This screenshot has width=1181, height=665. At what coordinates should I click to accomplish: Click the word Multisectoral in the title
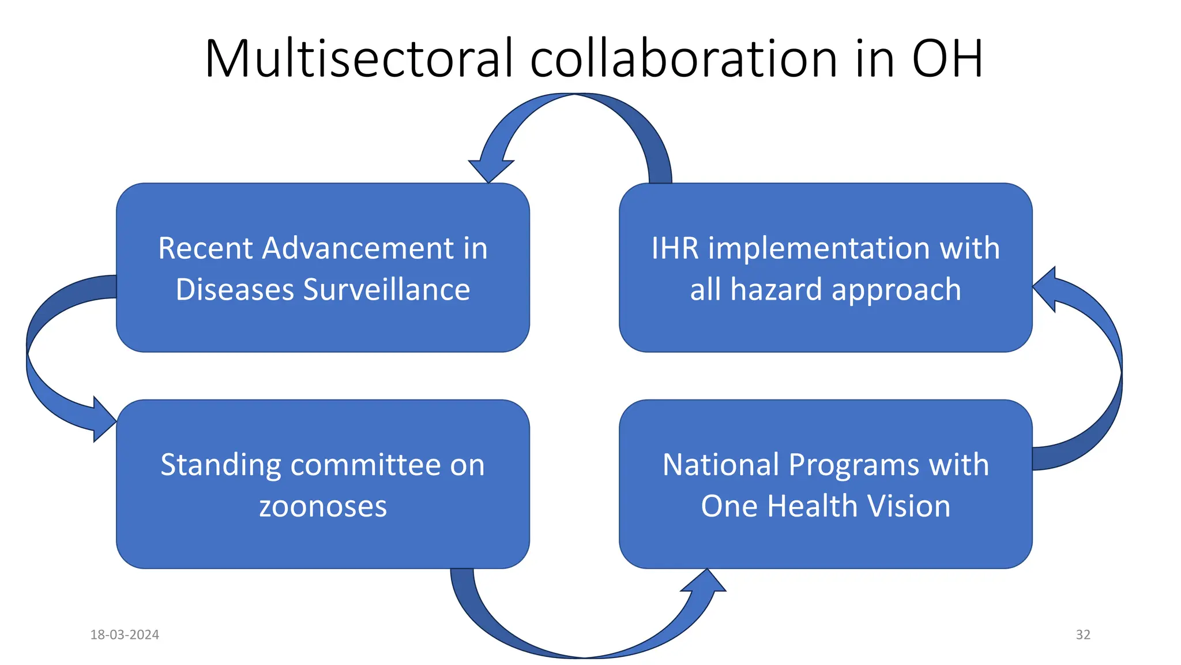[x=358, y=58]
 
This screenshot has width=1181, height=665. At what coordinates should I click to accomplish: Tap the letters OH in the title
[x=947, y=58]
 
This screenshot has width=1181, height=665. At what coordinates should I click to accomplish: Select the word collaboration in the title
[x=683, y=58]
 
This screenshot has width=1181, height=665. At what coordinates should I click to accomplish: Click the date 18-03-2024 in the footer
[x=125, y=634]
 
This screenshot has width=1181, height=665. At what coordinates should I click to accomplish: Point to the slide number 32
[x=1083, y=634]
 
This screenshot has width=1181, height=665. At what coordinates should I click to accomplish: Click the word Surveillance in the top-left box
[x=386, y=289]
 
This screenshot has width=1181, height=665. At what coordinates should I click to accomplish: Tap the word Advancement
[x=358, y=248]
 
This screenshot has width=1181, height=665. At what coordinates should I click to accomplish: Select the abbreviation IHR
[x=675, y=248]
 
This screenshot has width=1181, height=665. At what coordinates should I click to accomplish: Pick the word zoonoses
[x=323, y=506]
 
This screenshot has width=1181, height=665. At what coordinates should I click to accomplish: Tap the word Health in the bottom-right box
[x=808, y=506]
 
